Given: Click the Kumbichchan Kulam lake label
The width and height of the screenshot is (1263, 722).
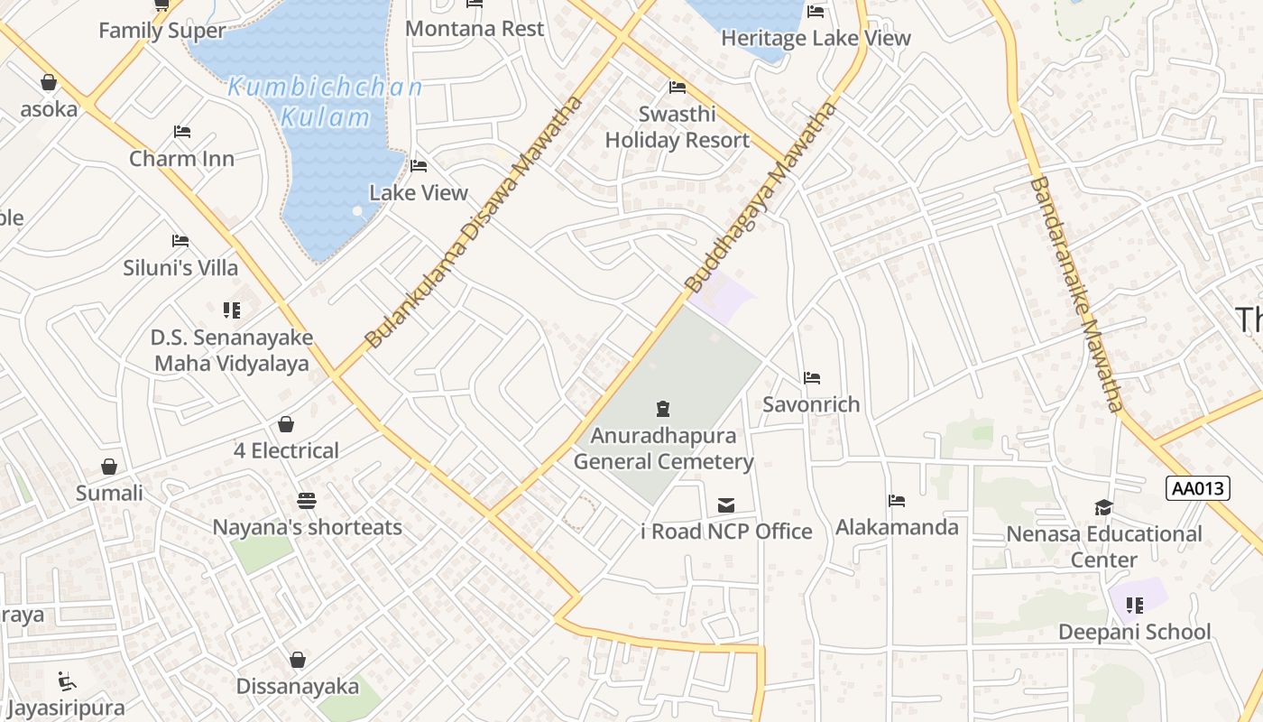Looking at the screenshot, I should coord(325,102).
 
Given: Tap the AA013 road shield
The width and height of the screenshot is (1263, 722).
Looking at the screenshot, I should coord(1198,488).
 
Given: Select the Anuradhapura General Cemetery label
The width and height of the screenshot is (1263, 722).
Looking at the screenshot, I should coord(663,449).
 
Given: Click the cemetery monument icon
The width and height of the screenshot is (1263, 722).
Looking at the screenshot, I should coord(663,408).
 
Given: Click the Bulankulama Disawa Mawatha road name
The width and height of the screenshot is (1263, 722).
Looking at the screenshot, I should coord(475,223).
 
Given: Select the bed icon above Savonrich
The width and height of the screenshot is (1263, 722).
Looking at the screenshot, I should coord(812,377).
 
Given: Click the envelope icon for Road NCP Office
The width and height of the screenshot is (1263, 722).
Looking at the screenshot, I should coord(726,504).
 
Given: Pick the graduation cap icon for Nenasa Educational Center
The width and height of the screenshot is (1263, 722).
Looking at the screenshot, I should coord(1103,507).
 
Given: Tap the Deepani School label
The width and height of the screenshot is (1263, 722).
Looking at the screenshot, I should coord(1134,632).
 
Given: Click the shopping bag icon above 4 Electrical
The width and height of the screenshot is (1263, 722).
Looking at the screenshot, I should coord(286,424).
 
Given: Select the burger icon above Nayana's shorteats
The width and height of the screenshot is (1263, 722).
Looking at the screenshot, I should coord(307,500).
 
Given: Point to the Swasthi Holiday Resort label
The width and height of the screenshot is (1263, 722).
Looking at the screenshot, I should coord(677,127).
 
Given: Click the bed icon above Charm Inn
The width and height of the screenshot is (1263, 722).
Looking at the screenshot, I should coord(182,132).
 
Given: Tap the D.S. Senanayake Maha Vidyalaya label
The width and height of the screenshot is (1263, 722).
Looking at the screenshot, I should coord(232,350).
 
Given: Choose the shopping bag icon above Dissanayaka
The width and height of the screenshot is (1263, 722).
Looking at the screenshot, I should coord(298,660).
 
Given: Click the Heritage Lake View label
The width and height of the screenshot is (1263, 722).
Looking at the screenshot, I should coord(816,38).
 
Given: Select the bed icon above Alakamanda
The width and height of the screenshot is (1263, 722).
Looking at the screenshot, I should coord(897,500).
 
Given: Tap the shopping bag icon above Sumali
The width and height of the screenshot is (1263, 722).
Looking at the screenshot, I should coord(109,467).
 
